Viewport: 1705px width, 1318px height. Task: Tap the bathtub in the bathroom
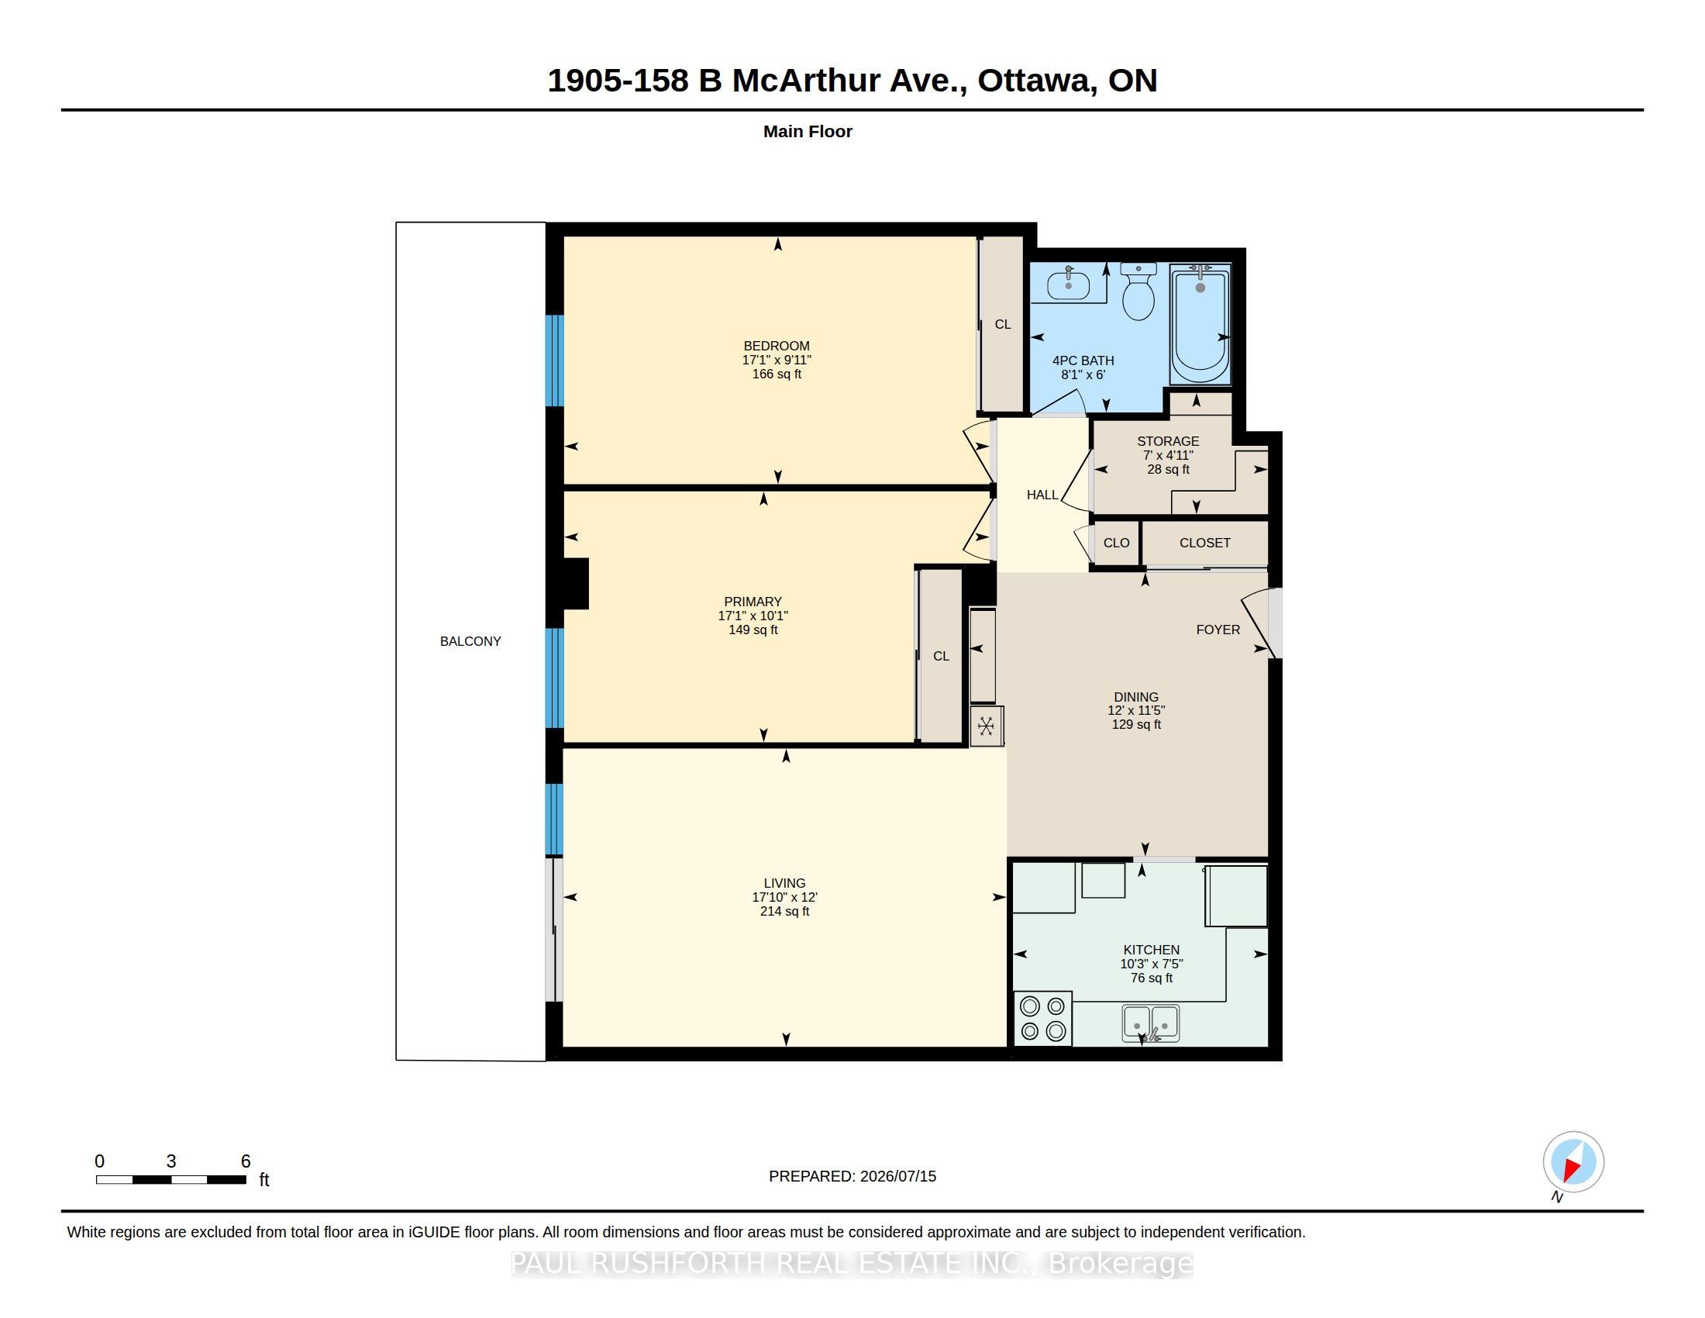(1200, 324)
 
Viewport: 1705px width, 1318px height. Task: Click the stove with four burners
(1043, 1019)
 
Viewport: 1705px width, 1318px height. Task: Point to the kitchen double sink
(1151, 1023)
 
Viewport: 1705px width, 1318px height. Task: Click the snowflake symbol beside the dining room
(986, 726)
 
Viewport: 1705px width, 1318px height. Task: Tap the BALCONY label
(470, 641)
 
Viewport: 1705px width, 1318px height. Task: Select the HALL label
(1042, 495)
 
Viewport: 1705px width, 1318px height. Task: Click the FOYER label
(1218, 630)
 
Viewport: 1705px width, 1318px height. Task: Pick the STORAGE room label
(1168, 441)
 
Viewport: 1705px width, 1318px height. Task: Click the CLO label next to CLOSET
(1116, 543)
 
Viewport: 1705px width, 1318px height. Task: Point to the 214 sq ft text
(784, 911)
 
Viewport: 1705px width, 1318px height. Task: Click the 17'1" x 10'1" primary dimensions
(753, 616)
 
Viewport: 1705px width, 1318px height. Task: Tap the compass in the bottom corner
(1573, 1162)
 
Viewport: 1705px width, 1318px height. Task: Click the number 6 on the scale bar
(246, 1161)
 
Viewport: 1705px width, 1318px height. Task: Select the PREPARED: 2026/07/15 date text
(852, 1176)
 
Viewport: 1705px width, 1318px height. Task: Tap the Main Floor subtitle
(808, 131)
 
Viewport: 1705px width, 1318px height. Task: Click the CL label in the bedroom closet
(1002, 324)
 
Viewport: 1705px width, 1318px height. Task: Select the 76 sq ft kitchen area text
(1152, 978)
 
